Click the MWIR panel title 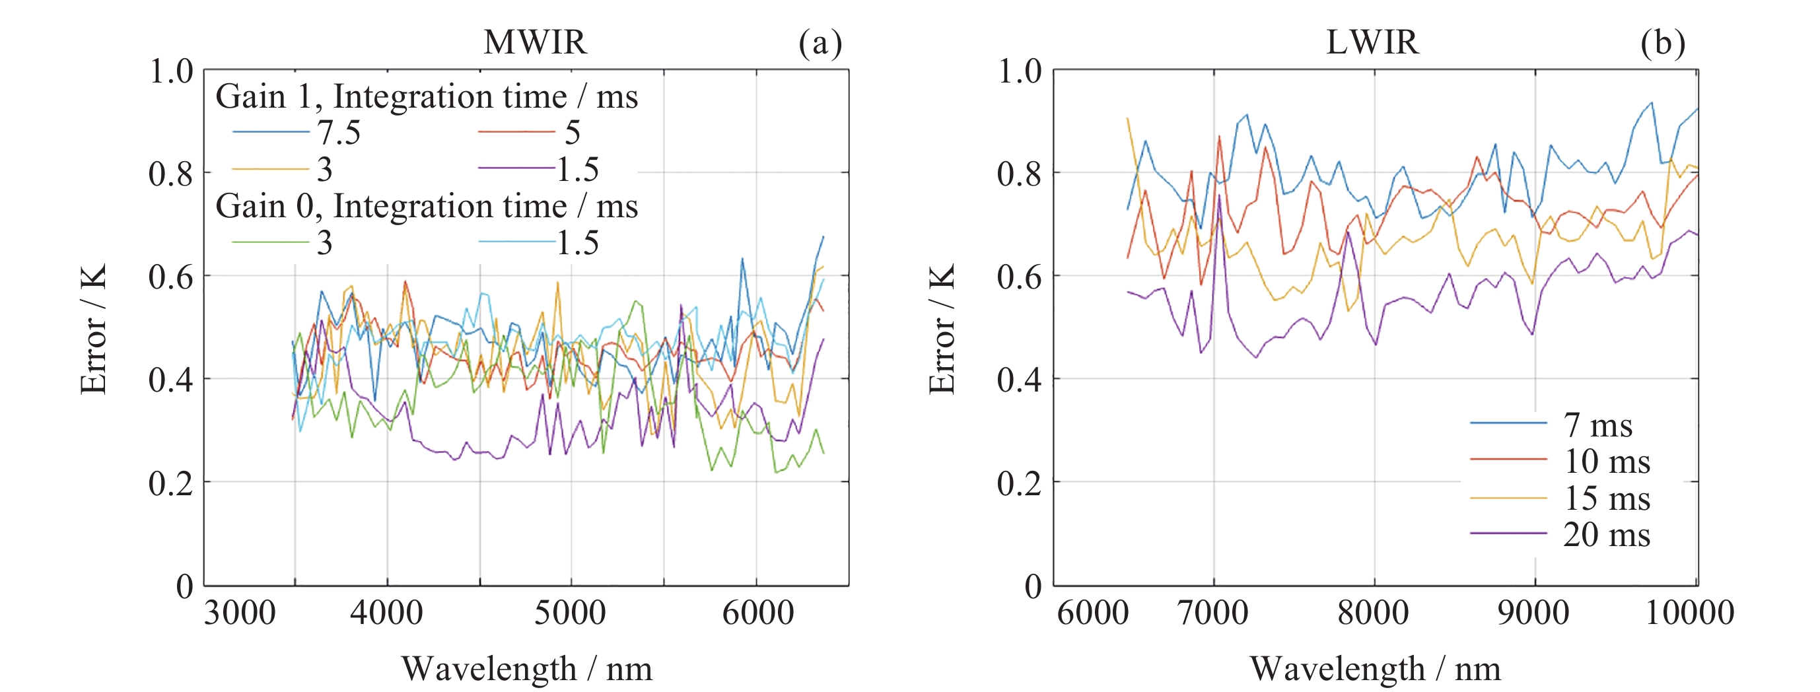(x=535, y=42)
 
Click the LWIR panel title (x=1372, y=42)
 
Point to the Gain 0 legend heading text (x=426, y=206)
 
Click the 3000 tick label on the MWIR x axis (x=240, y=612)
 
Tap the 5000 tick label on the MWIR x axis (x=569, y=612)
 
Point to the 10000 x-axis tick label (x=1689, y=612)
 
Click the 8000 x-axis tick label (x=1373, y=612)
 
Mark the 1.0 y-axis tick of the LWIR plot (x=1019, y=71)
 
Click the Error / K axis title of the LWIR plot (x=942, y=328)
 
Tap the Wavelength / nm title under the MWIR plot (x=526, y=668)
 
